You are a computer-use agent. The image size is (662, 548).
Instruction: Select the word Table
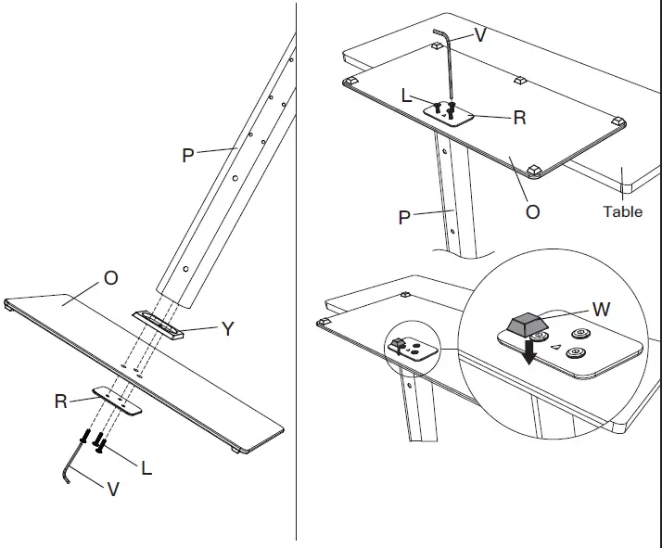coord(622,211)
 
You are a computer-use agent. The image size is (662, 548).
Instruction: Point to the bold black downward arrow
coord(528,353)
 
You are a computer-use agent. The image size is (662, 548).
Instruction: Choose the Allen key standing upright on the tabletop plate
coord(448,70)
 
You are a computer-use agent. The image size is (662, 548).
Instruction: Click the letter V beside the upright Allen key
coord(479,34)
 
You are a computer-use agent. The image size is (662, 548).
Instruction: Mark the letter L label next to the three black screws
coord(146,468)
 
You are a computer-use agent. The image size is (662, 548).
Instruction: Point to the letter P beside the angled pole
coord(188,156)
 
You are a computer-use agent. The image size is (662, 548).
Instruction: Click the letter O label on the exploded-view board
coord(110,278)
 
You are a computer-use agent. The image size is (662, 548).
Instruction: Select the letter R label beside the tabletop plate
coord(519,118)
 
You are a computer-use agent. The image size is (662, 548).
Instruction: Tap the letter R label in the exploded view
coord(61,401)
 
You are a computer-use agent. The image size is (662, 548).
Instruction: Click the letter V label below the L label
coord(113,489)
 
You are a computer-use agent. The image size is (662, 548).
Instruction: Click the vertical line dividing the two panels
coord(297,278)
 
